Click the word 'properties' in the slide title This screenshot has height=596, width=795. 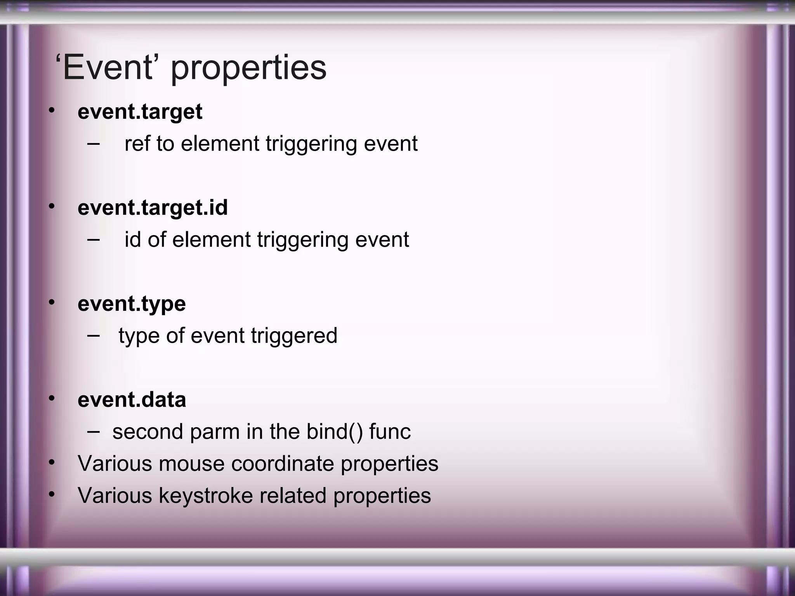pyautogui.click(x=248, y=69)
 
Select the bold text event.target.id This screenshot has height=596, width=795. pyautogui.click(x=153, y=208)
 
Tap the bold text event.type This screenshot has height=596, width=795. pyautogui.click(x=132, y=304)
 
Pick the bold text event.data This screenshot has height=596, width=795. pyautogui.click(x=132, y=400)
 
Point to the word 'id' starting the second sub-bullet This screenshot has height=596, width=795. pyautogui.click(x=132, y=239)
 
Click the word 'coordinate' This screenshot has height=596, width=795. pyautogui.click(x=283, y=464)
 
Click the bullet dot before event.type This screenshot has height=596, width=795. pyautogui.click(x=52, y=302)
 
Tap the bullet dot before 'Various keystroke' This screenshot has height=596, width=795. pyautogui.click(x=52, y=494)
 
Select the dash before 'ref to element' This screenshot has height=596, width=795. pyautogui.click(x=93, y=143)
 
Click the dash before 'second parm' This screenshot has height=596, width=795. pyautogui.click(x=93, y=431)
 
